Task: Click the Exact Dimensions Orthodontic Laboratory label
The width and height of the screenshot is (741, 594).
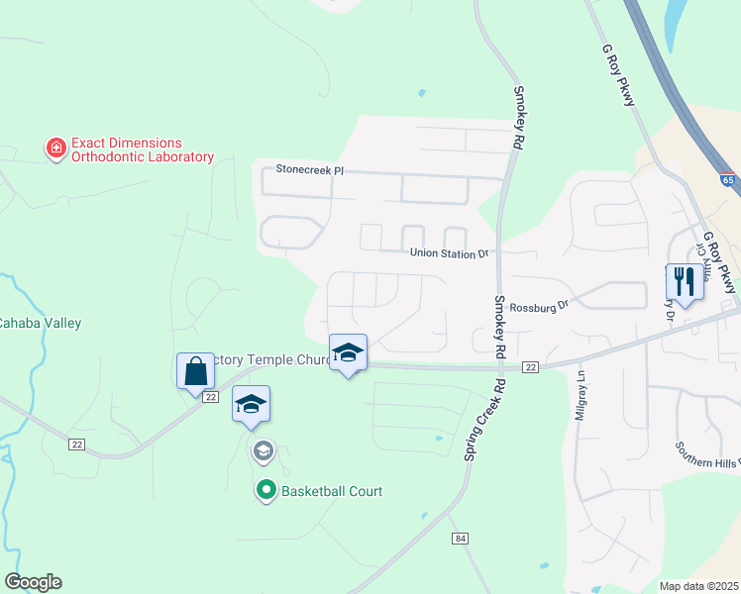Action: (x=142, y=149)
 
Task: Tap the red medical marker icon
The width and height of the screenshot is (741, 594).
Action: (x=56, y=149)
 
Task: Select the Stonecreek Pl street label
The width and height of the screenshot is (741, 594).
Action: (x=310, y=170)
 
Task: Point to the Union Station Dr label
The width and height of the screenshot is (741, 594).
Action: (x=450, y=253)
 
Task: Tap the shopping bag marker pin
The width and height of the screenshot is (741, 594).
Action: (x=196, y=372)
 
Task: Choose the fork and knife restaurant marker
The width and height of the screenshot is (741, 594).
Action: (x=684, y=282)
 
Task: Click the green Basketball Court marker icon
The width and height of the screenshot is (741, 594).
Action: (x=265, y=490)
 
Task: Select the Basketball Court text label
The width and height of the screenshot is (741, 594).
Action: (x=332, y=491)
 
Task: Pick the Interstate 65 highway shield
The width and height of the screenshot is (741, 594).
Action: (x=728, y=181)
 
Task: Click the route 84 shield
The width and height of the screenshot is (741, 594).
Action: (x=458, y=538)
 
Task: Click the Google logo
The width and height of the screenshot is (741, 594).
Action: (x=33, y=581)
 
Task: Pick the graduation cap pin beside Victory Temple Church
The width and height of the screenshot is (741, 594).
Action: (x=348, y=353)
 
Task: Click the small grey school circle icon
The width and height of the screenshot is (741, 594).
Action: (x=263, y=452)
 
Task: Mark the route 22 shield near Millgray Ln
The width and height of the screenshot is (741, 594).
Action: (x=531, y=367)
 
